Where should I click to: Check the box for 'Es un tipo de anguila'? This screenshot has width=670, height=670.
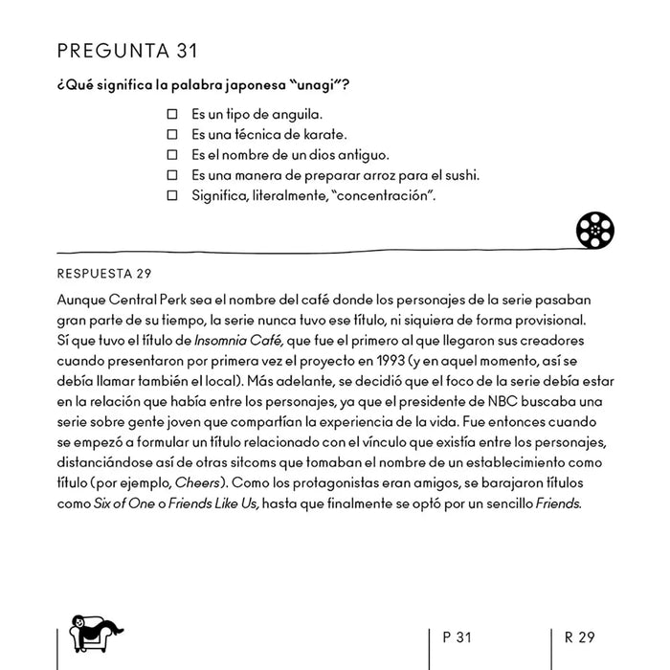click(173, 115)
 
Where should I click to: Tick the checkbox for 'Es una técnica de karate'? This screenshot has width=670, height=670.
click(173, 135)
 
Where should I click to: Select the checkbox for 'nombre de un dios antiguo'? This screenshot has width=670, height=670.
click(173, 155)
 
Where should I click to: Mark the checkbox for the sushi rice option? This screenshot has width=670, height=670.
click(173, 175)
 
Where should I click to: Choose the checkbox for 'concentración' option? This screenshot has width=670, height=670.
click(173, 196)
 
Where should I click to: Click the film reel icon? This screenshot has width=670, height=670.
click(594, 230)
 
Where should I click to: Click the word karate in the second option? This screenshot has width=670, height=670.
click(324, 135)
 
